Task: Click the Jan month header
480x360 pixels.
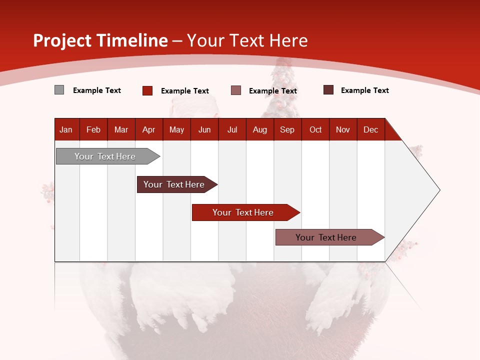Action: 66,129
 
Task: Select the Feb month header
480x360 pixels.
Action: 93,129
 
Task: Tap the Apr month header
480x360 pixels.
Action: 148,129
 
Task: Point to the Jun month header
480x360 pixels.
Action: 204,129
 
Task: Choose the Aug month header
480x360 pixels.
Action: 259,129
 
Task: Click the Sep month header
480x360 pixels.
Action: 287,129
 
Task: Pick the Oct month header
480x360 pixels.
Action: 315,129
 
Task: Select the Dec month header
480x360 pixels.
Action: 370,129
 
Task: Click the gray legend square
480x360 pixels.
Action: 59,90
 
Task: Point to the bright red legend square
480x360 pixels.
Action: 147,90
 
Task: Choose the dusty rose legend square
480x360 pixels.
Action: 236,90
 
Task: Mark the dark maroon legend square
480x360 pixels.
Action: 328,90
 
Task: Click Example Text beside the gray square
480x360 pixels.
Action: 97,90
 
